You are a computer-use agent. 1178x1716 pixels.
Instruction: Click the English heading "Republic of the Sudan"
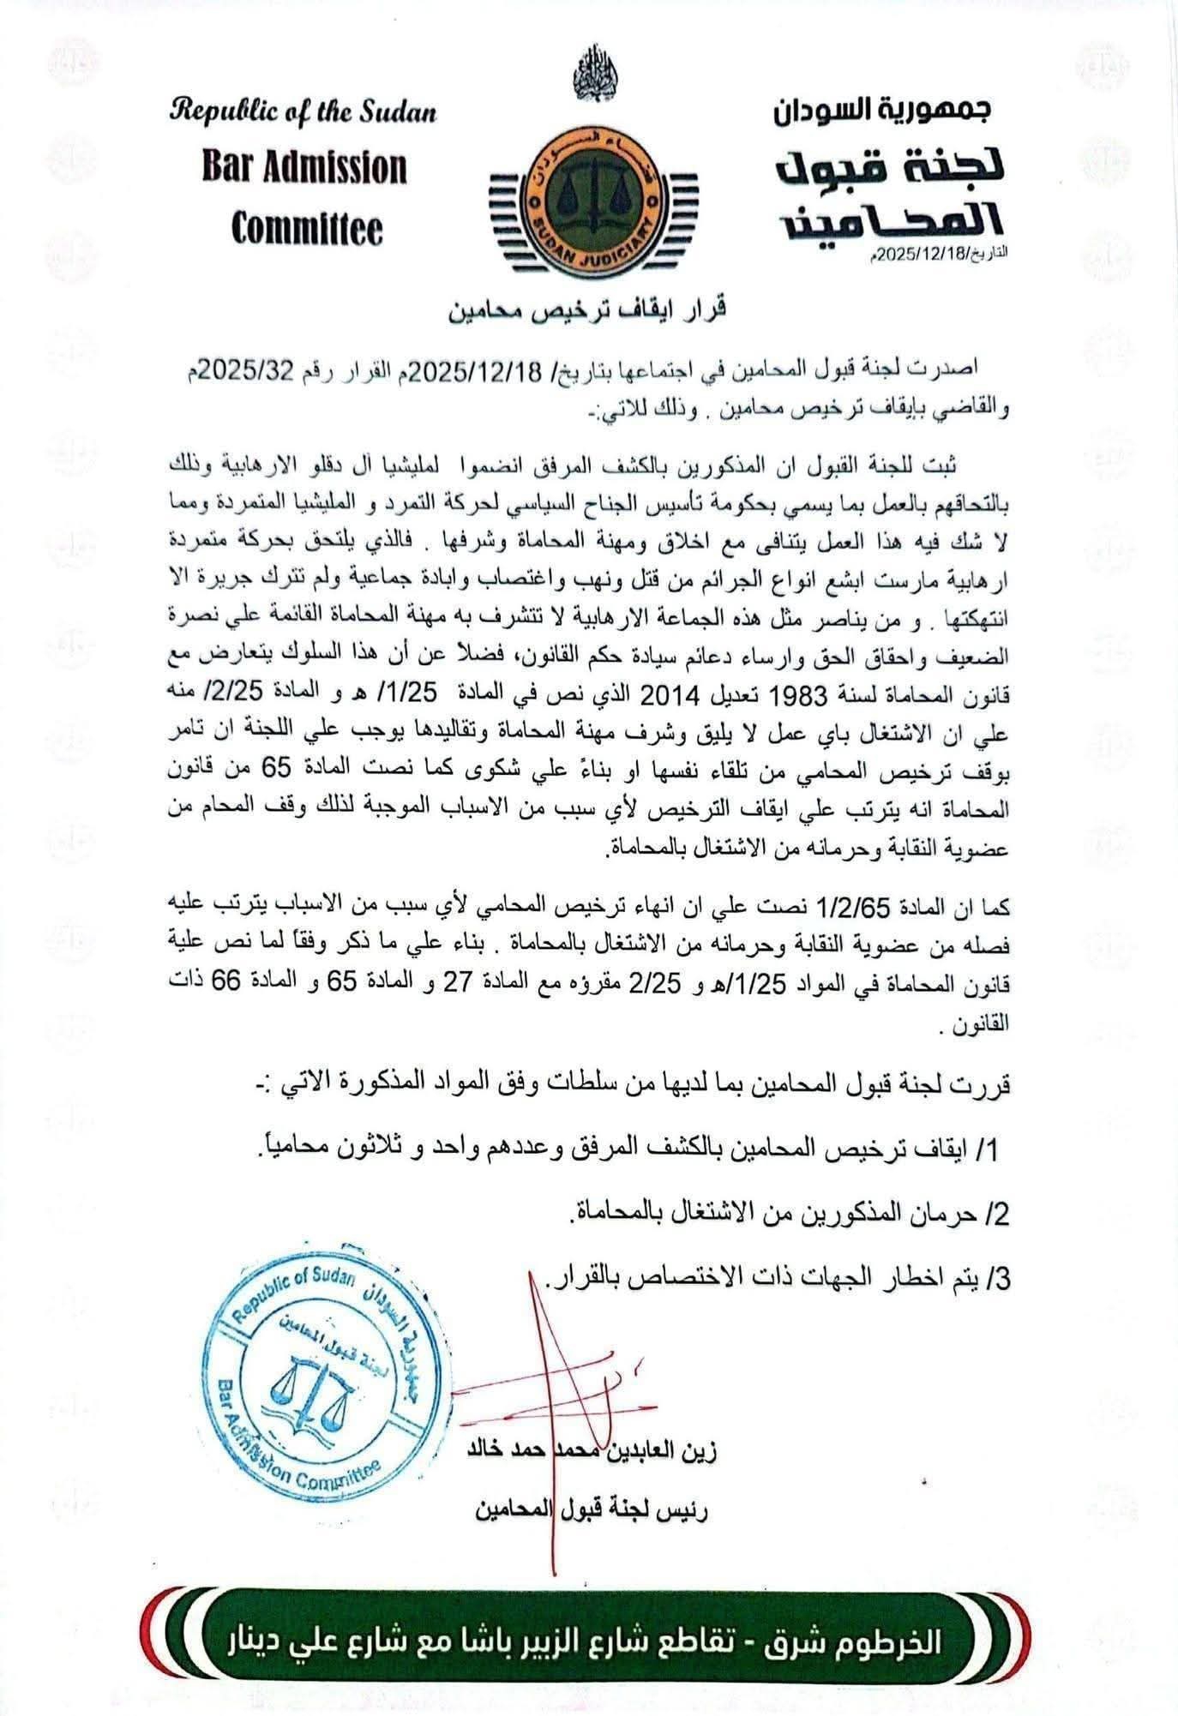point(304,112)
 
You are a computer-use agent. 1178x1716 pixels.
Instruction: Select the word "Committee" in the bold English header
point(306,228)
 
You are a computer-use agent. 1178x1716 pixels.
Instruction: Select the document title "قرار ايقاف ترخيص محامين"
point(588,309)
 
